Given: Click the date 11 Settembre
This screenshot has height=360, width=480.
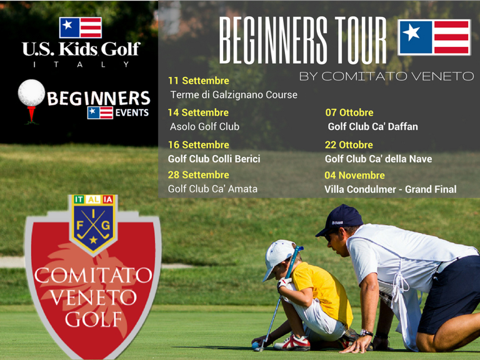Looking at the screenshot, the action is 198,81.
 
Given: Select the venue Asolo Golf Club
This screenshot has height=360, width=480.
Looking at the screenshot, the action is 204,126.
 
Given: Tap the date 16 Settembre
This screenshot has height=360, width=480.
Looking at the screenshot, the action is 198,145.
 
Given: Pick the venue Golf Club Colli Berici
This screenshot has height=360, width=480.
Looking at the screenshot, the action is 214,159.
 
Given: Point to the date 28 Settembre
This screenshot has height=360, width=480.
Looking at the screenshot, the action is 198,175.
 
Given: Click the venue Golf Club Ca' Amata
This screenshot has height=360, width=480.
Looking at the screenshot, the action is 212,189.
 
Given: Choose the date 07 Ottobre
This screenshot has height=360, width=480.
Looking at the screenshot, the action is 349,112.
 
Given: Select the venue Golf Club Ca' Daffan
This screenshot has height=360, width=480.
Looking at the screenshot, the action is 372,126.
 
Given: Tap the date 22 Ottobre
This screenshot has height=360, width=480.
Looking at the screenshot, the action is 349,145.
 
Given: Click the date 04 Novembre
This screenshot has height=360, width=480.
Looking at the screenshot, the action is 354,175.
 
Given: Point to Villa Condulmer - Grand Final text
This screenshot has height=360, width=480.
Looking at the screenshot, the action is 390,189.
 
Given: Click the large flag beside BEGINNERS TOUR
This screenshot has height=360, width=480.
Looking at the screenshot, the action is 434,37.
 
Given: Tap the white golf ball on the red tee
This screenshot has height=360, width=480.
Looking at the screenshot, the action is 31,93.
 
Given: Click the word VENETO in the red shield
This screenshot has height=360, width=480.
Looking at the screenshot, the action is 93,297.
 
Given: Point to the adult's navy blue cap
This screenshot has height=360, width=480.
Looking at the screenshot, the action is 341,219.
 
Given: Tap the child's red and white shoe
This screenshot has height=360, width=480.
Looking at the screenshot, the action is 292,342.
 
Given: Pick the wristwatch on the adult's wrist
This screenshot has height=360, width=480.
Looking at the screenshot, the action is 366,332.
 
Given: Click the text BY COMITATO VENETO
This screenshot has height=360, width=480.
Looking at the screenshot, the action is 386,76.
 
